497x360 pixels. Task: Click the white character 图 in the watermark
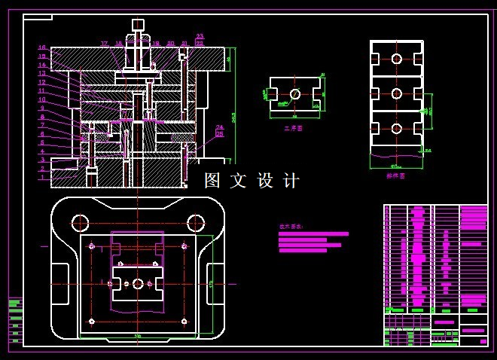212,181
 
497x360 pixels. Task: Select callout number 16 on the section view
42,47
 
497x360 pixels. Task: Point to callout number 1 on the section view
42,178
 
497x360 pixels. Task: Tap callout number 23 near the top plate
200,36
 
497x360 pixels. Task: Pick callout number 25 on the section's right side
220,134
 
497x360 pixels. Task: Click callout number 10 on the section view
42,99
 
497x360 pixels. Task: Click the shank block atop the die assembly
138,25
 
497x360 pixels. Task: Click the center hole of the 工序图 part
294,94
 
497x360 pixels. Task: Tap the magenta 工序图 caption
293,129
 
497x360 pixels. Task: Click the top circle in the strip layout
396,59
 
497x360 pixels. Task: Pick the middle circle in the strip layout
396,93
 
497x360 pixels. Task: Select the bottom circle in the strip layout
396,129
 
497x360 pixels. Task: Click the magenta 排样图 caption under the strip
395,175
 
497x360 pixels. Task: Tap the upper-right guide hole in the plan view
196,222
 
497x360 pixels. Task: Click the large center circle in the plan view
138,284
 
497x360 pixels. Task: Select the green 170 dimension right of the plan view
212,284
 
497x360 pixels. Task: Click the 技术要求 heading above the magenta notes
290,226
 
